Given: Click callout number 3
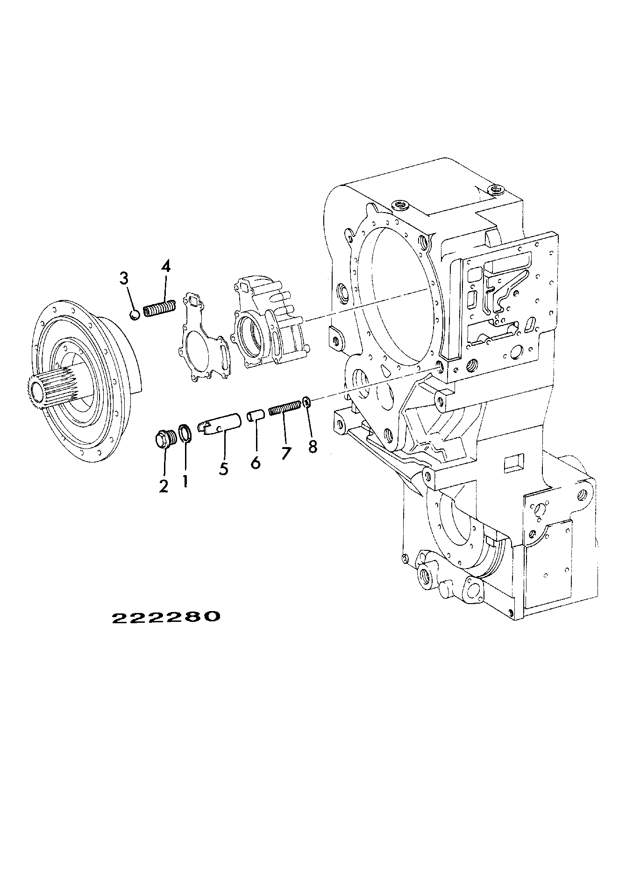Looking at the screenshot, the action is (x=124, y=279).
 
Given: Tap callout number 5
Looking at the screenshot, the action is (x=224, y=469).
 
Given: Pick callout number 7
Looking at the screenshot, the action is (x=285, y=453).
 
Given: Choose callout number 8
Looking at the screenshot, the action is (x=313, y=447).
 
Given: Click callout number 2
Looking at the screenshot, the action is (x=164, y=486).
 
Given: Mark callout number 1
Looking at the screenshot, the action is (x=185, y=481).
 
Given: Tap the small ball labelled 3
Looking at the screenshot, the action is (x=134, y=316).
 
